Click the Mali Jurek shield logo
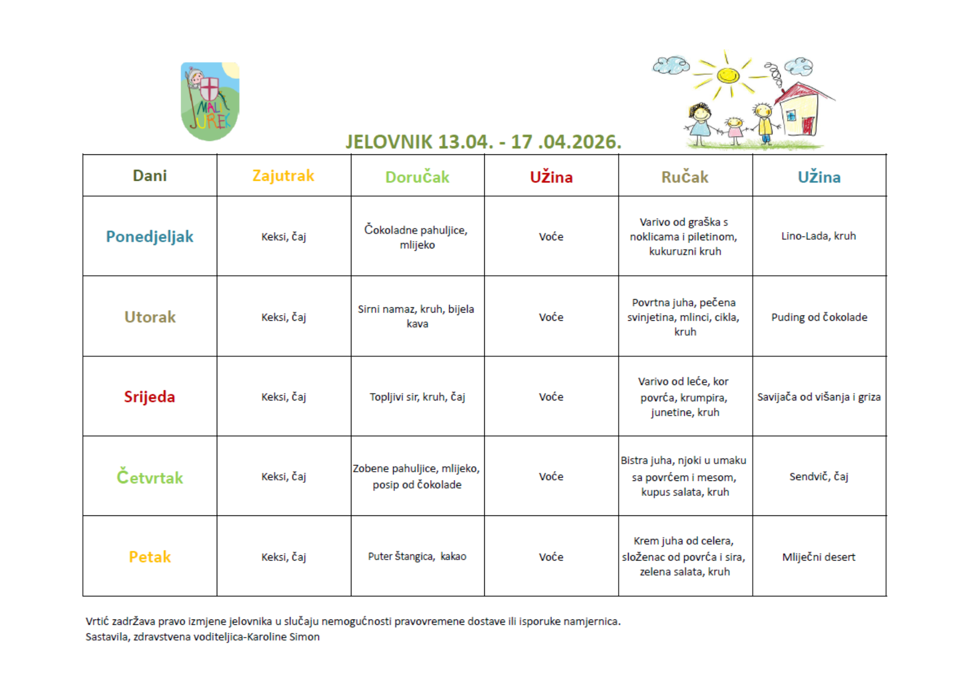pos(210,101)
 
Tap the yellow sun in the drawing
pos(728,75)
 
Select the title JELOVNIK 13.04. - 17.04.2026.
pos(483,142)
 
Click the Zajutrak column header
pos(283,176)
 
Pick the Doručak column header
pos(417,177)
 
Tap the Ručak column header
pos(685,177)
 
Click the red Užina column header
pos(551,177)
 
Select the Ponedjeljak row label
pos(150,236)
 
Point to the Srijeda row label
pos(150,397)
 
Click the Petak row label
pos(150,557)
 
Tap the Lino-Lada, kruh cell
pos(819,236)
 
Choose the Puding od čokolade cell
pos(819,317)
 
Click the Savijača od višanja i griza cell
pos(819,397)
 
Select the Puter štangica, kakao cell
pos(417,556)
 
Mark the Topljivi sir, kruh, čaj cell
pos(417,397)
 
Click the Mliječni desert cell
pos(819,557)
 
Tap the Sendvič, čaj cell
pos(819,477)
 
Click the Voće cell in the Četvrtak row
pos(551,477)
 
